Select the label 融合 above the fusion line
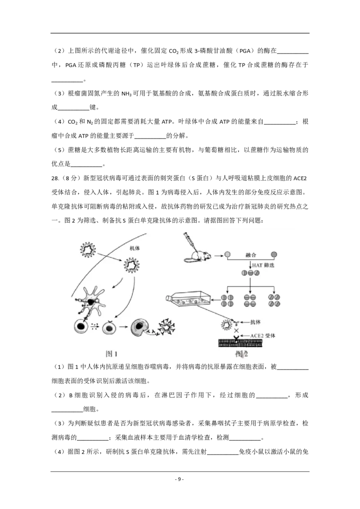pos(251,255)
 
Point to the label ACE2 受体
pos(262,335)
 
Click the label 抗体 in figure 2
pos(256,322)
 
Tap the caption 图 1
pos(112,353)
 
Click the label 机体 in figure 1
pos(135,248)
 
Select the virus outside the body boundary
pos(88,250)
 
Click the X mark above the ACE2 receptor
pos(236,330)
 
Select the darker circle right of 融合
pos(274,255)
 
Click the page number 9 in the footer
pos(180,479)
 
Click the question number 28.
pos(55,178)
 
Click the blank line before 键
pos(73,109)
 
